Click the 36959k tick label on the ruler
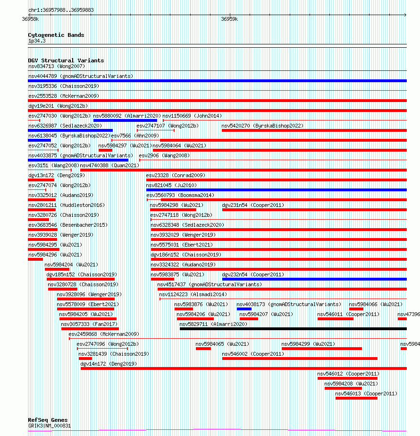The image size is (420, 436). click(x=229, y=19)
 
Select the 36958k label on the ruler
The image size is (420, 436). click(x=30, y=19)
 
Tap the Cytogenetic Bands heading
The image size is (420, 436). click(x=56, y=35)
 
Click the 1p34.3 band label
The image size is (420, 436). click(x=37, y=41)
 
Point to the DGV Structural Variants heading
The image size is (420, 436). click(x=66, y=60)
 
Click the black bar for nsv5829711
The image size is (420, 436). click(x=294, y=329)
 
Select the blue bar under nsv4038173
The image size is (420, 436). click(x=244, y=309)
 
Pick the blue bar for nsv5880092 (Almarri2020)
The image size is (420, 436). click(x=125, y=120)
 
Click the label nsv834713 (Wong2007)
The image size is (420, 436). click(x=57, y=66)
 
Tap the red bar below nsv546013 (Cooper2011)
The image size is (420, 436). click(x=356, y=398)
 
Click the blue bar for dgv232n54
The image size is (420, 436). click(x=314, y=279)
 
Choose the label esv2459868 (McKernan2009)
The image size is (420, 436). click(x=104, y=334)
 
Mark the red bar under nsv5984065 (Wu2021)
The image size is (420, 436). click(x=203, y=349)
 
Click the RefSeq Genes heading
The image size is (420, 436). click(x=48, y=420)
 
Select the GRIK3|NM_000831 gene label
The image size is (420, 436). click(x=50, y=426)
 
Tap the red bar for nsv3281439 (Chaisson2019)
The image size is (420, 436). click(x=85, y=359)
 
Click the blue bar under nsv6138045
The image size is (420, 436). click(x=40, y=140)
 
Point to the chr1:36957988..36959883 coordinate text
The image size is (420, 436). click(x=61, y=10)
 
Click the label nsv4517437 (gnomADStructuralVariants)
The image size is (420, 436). click(x=210, y=284)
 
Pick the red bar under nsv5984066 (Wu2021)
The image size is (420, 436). click(x=356, y=309)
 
